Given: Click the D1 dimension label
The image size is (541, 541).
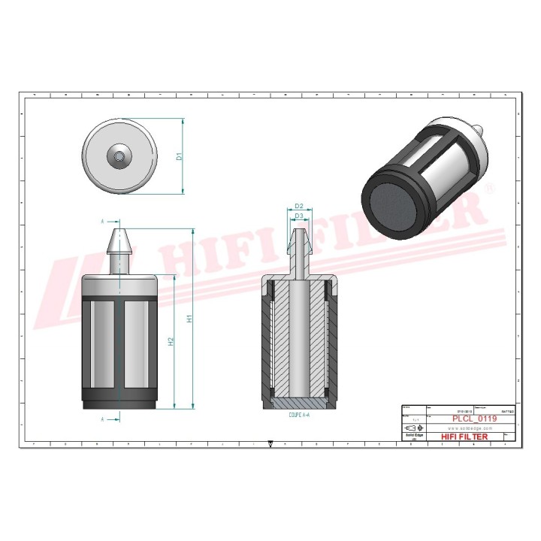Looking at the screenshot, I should (x=180, y=156).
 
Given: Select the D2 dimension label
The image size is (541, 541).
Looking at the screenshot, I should (x=298, y=206).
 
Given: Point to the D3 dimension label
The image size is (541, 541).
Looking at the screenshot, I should (x=298, y=216).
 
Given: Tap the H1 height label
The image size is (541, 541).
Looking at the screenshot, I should (x=191, y=319).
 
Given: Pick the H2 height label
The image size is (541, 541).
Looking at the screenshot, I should (x=171, y=341).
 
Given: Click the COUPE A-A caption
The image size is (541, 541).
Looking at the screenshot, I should (x=299, y=414).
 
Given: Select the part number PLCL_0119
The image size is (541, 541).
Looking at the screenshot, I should (x=476, y=419).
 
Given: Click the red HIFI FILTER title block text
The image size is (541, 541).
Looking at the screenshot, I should (x=464, y=437).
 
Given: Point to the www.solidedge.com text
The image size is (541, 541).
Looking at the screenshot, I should (x=464, y=427).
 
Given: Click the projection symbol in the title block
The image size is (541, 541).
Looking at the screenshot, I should (x=413, y=426).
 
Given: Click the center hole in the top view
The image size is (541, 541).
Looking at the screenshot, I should (x=120, y=156).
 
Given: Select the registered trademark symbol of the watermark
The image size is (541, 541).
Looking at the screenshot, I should (x=489, y=191).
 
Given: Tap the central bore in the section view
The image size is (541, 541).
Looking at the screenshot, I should (x=298, y=338).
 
